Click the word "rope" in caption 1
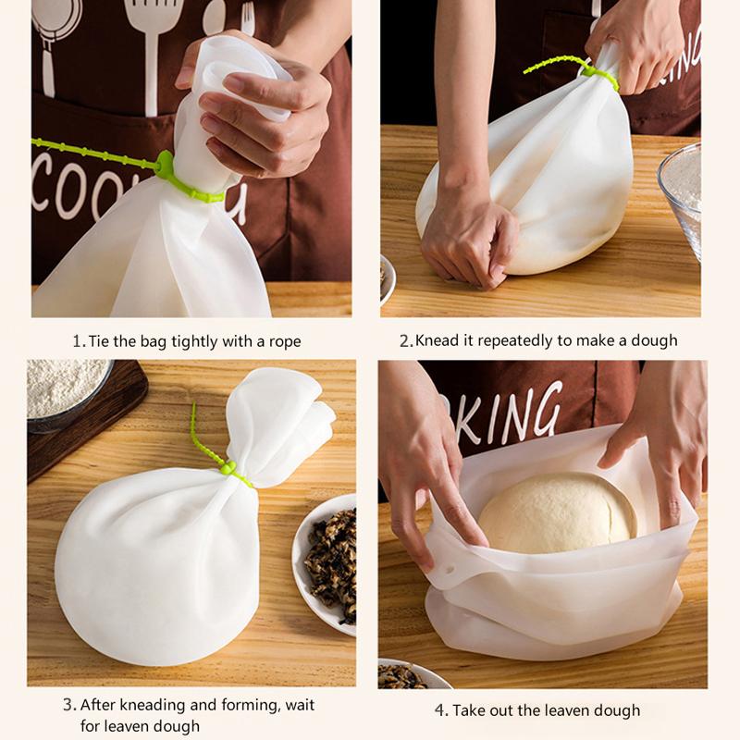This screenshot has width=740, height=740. [x=285, y=342]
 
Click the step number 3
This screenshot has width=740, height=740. [x=68, y=705]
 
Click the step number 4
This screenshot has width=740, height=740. [x=440, y=710]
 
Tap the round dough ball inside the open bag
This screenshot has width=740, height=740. [x=558, y=512]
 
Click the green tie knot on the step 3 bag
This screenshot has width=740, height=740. [x=228, y=468]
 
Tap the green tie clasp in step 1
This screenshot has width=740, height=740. [x=165, y=164]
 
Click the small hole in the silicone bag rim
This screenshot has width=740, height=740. [x=449, y=570]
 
